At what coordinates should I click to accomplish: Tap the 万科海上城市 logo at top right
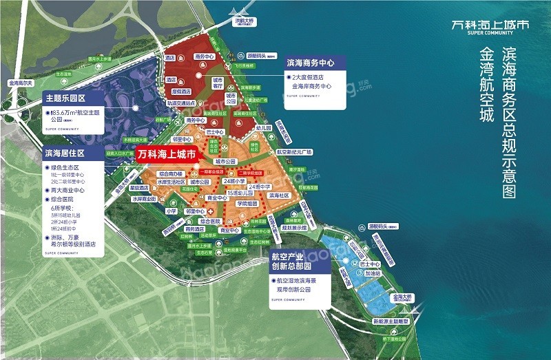point(488,25)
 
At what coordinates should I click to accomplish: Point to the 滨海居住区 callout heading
point(63,153)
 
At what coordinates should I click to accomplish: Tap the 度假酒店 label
point(181,91)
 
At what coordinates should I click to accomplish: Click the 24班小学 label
point(233,181)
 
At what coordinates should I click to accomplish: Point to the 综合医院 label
point(210,221)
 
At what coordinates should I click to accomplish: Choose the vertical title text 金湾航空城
point(486,86)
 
